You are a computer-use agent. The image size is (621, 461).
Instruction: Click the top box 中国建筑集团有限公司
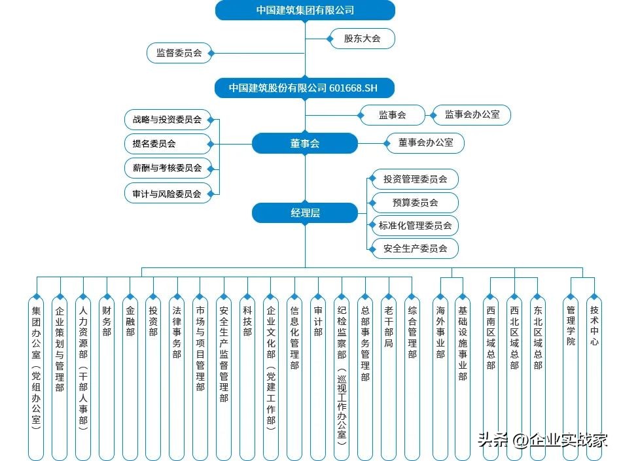click(305, 10)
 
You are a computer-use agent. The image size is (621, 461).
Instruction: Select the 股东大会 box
click(363, 39)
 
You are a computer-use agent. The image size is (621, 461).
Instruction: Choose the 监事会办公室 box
click(472, 115)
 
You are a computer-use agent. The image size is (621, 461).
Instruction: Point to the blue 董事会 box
click(305, 144)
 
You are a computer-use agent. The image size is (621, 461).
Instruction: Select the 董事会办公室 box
click(425, 143)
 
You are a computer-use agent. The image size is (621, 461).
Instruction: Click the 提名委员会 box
click(168, 143)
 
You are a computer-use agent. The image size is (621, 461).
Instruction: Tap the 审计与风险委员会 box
click(168, 194)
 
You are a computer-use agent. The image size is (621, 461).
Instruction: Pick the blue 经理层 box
click(305, 213)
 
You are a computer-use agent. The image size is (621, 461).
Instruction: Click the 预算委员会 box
click(415, 203)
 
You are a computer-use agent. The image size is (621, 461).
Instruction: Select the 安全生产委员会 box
click(415, 248)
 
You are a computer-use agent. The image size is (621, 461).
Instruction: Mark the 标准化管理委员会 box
click(415, 226)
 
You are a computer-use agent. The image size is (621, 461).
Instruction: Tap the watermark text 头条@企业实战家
click(542, 440)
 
